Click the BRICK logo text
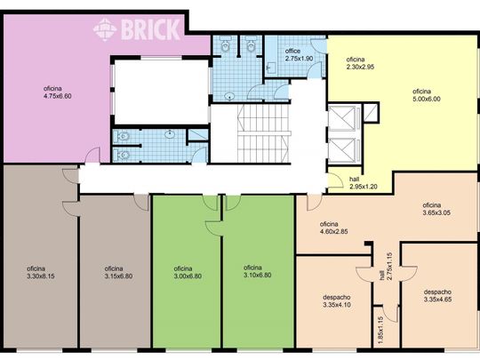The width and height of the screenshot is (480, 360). coord(150,29)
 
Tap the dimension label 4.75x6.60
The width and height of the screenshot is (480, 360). coord(58,96)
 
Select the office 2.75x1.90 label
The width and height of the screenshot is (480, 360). coord(299,55)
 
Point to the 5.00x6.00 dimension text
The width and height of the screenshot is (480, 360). coord(427,99)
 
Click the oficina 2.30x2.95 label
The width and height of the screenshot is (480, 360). coord(360,63)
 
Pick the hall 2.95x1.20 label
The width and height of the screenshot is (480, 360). coord(363,183)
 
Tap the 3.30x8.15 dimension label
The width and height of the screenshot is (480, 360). coord(41,276)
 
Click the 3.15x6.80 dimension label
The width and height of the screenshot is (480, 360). coord(118,276)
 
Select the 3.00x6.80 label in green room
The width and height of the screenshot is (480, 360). coord(188,276)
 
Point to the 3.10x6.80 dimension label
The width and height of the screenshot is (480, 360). coord(258,275)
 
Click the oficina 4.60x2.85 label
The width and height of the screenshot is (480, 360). coord(333,228)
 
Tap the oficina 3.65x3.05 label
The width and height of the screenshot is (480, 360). coord(436,209)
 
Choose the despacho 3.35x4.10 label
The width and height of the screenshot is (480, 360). coord(337,301)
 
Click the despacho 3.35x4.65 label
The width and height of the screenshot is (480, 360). coord(437,295)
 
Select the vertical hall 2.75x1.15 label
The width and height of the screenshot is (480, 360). coord(386,267)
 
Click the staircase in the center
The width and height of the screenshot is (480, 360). coord(263,133)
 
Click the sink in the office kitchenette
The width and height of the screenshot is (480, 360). coord(271,68)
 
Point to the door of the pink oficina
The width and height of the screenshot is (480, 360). coord(92,155)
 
